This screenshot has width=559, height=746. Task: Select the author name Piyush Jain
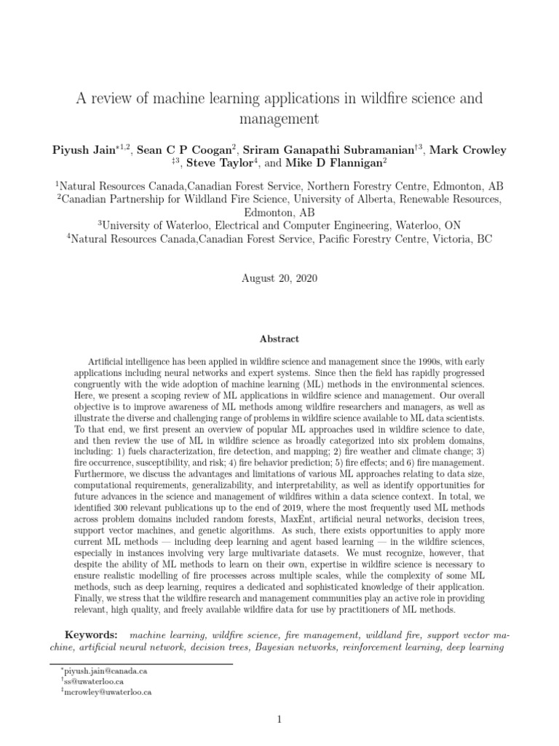(81, 151)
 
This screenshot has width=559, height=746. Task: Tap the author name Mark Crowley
(467, 151)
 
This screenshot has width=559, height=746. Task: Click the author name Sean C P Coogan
(179, 151)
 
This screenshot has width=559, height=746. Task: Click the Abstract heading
(279, 339)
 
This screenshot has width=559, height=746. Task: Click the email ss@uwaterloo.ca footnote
(90, 682)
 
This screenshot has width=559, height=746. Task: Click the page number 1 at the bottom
(279, 720)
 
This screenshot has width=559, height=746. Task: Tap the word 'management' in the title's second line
(279, 118)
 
